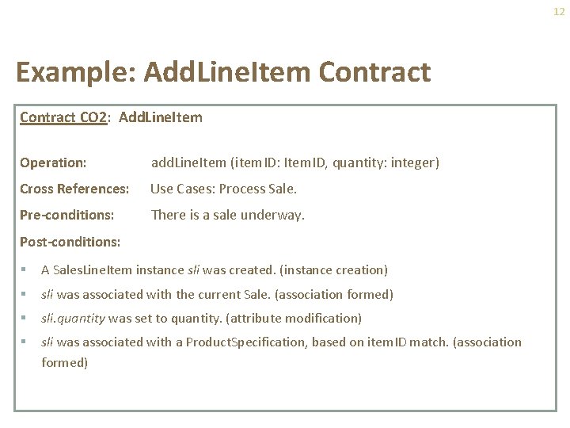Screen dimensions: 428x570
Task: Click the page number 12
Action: pos(559,12)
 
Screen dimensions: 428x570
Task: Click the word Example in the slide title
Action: pos(67,72)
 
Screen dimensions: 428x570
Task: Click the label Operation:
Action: pos(53,162)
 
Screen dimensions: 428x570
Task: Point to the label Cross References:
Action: pos(74,189)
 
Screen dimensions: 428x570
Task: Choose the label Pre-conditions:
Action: pos(66,215)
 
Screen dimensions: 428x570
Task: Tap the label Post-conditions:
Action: pos(70,241)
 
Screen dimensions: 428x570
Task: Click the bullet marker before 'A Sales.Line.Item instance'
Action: pos(26,270)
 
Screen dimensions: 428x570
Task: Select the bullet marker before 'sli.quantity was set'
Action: pos(26,318)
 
